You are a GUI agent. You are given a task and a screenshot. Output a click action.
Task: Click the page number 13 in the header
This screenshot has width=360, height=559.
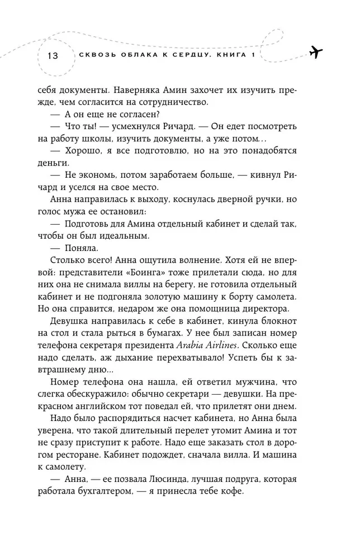[53, 55]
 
